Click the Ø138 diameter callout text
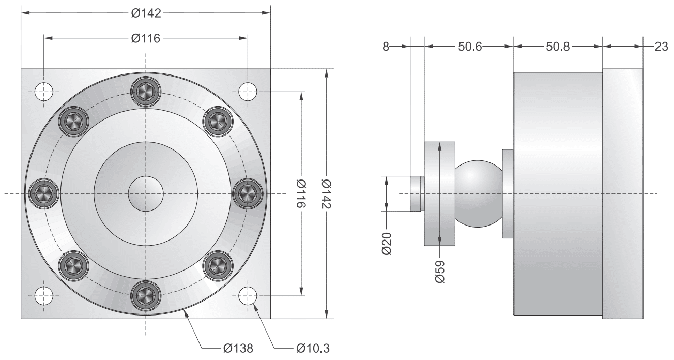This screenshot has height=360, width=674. tap(238, 348)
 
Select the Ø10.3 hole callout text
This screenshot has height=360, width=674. tap(312, 348)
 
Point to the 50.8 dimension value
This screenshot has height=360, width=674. tap(558, 46)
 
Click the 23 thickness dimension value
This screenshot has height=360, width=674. tap(661, 46)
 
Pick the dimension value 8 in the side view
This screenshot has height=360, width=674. tap(385, 46)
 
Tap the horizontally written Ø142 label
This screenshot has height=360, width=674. tap(146, 13)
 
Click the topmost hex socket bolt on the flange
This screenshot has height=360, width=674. tap(146, 92)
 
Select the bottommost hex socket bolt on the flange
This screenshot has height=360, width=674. tap(146, 296)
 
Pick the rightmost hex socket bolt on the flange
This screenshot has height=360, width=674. tap(248, 194)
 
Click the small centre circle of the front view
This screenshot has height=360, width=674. tap(146, 194)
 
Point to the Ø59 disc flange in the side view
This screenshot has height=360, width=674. tap(439, 194)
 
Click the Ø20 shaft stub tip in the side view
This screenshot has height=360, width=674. tap(416, 194)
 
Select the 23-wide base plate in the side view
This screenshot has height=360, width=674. tap(622, 194)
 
